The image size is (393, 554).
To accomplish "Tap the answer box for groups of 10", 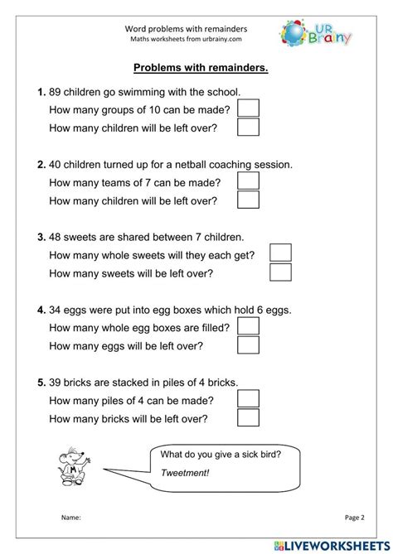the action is pos(248,108).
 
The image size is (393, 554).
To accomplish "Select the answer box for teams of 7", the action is pos(248,181).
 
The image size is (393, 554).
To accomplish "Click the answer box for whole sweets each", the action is pos(281,253).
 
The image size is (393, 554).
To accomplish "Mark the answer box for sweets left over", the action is pos(281,272).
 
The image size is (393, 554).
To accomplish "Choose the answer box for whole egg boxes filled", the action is pos(248,326).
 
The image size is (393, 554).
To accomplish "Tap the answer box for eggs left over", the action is pos(248,345).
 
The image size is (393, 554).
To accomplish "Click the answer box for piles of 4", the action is pos(248,398).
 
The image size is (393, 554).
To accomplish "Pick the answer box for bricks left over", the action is pos(248,417).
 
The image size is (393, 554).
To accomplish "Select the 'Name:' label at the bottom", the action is pos(70,518).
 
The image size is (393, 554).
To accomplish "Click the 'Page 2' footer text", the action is pos(355,518).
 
